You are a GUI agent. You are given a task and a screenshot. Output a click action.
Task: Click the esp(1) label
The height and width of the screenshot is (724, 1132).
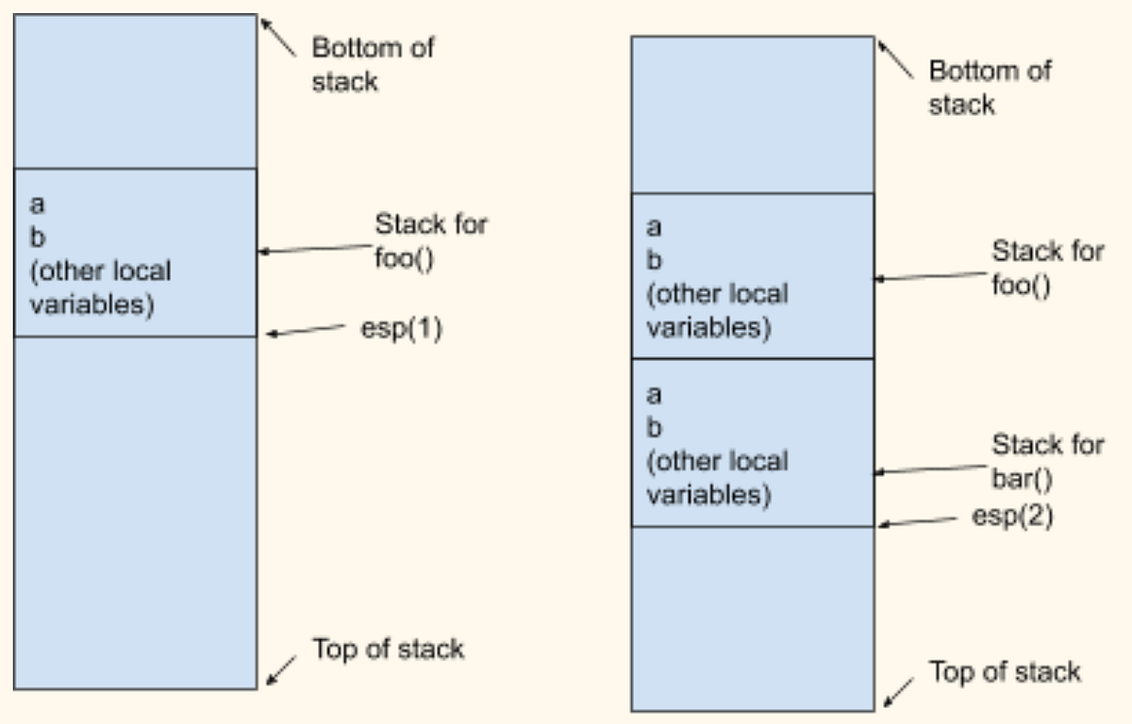point(401,332)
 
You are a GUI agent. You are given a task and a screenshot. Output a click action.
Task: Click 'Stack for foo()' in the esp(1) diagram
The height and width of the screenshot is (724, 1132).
point(431,239)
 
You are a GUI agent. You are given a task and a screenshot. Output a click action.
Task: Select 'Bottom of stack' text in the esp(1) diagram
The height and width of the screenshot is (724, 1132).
point(373,64)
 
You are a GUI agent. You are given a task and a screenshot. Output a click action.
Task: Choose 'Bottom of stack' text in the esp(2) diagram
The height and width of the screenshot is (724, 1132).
point(990,87)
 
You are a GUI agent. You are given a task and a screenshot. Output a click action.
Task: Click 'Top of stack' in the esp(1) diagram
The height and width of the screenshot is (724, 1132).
point(388,649)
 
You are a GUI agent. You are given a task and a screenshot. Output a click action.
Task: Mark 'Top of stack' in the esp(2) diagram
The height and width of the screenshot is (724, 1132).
point(1005,671)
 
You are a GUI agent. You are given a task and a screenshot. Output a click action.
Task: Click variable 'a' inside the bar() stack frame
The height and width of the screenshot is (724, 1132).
point(654,393)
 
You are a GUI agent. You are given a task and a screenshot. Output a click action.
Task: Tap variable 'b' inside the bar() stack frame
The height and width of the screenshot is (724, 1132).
point(655,427)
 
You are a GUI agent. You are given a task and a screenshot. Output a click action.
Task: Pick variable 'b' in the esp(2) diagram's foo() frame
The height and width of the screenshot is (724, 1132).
point(655,260)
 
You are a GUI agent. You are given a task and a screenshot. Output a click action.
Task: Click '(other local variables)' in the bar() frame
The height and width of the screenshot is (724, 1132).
point(716,477)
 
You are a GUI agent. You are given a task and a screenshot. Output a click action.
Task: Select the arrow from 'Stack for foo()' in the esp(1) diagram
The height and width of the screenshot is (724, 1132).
point(316,250)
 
